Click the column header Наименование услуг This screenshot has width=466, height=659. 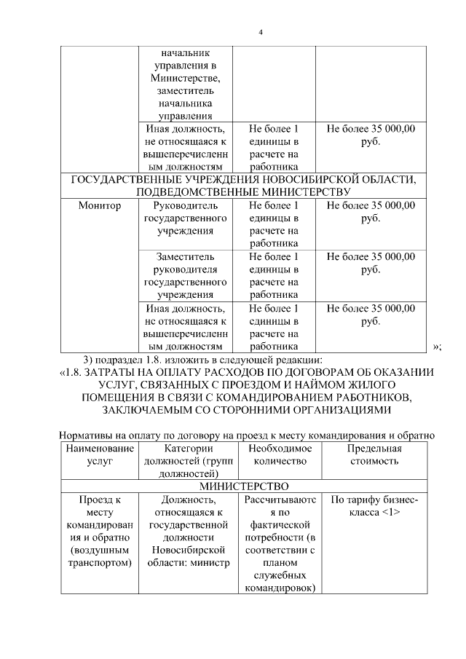(100, 455)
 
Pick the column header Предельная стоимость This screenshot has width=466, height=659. (374, 455)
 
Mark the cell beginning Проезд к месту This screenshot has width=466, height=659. (100, 532)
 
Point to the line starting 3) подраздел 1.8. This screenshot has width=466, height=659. (208, 359)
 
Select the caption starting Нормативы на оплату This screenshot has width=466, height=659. (247, 435)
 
